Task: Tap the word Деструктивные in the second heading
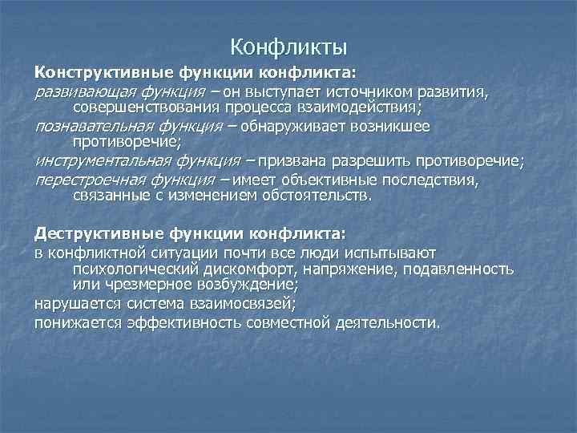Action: [x=85, y=233]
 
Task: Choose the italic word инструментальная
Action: [x=95, y=162]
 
